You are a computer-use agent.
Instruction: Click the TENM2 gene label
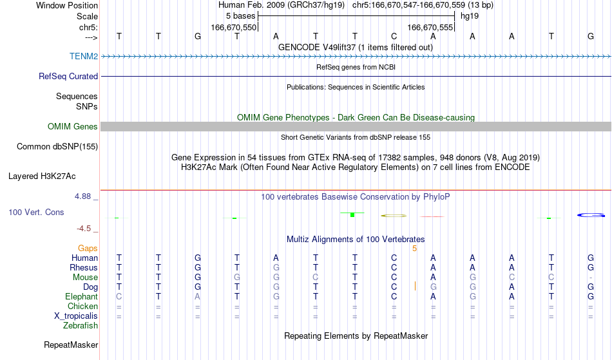84,56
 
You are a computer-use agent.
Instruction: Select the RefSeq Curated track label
68,76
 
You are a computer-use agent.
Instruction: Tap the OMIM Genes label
72,126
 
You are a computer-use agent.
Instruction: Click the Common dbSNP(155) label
57,147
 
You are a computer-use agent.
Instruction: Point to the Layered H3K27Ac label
42,176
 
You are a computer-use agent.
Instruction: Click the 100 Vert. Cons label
36,212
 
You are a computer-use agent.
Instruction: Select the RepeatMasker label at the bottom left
71,345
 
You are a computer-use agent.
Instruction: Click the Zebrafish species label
81,326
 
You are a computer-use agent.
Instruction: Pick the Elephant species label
81,297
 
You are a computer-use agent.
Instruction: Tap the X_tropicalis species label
76,316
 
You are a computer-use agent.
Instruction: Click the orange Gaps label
88,249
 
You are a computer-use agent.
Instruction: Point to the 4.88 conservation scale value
82,196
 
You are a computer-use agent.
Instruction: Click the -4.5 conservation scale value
84,229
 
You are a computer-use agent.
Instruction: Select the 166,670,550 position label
233,27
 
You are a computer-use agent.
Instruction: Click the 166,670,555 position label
430,27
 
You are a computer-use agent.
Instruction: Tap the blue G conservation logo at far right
591,215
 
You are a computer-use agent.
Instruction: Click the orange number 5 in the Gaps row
414,249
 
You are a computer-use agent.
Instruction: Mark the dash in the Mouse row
591,278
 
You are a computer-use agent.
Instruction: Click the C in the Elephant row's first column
119,297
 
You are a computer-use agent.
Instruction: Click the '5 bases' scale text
240,16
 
